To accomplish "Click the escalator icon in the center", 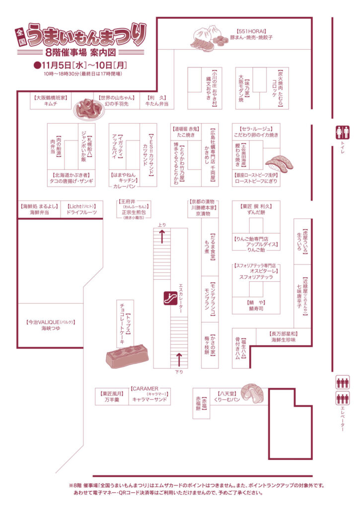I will click(x=171, y=298).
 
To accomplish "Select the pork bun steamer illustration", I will click(x=207, y=38).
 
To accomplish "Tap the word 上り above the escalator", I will click(x=162, y=225).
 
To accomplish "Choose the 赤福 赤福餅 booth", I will click(x=200, y=404).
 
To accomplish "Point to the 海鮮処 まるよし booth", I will click(x=39, y=209).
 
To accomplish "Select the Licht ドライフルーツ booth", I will click(x=81, y=209).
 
